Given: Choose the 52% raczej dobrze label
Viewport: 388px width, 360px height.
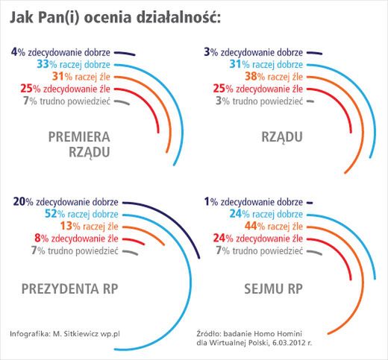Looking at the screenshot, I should coord(69,214).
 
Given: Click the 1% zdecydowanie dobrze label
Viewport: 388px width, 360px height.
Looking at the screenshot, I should coord(254,201).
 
